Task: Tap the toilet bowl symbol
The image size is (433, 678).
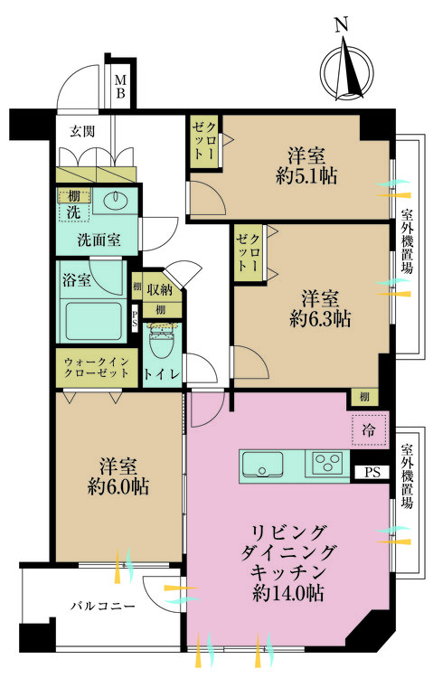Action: [x=161, y=341]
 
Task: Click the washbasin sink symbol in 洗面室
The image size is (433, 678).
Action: [x=116, y=201]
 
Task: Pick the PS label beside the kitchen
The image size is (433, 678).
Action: [x=372, y=472]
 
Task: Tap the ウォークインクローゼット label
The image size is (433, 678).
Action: [x=94, y=368]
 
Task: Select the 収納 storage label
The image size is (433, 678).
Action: [x=160, y=289]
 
